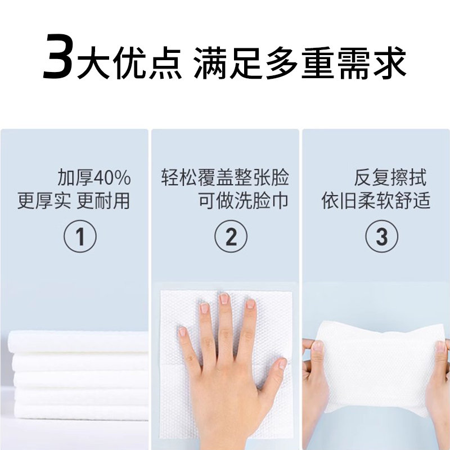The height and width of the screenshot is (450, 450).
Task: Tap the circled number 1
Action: pos(80,236)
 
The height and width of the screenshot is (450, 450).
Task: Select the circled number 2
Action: pos(231,236)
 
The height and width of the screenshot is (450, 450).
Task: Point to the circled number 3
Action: pos(382,236)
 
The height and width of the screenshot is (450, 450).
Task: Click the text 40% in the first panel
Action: pos(112,178)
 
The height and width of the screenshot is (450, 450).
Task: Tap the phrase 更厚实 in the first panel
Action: pos(44,200)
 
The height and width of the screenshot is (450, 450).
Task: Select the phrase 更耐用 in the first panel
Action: pos(103,200)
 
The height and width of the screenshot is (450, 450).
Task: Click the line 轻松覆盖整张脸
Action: pos(225,178)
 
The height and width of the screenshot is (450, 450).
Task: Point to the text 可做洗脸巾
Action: pos(243,200)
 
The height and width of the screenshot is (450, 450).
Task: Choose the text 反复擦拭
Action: pos(390,178)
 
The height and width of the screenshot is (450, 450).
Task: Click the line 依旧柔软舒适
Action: pos(376,200)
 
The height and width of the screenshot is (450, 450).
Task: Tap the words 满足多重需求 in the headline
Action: pos(300,62)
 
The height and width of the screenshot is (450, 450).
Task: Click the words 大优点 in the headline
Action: pos(129,62)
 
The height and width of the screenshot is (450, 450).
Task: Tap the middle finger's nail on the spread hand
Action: pos(224,299)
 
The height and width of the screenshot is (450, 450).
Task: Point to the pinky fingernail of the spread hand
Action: pos(182,332)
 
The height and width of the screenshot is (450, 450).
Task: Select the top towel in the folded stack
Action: pos(78,341)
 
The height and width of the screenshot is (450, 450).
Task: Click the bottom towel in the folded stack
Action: pos(81,411)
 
